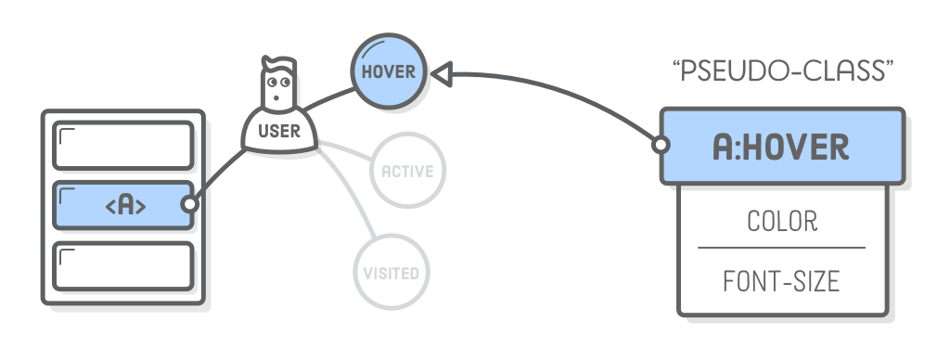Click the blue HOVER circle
point(388,71)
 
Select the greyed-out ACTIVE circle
point(407,171)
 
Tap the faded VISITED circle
point(392,273)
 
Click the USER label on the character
point(278,131)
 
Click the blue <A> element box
point(122,205)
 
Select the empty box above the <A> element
point(122,146)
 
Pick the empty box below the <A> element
point(122,265)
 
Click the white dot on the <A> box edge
point(190,205)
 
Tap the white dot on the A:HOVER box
point(661,146)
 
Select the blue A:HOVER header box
point(780,146)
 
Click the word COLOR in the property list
point(781,222)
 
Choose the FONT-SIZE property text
point(781,281)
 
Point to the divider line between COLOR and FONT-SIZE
point(781,248)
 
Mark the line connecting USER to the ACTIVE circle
point(345,155)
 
